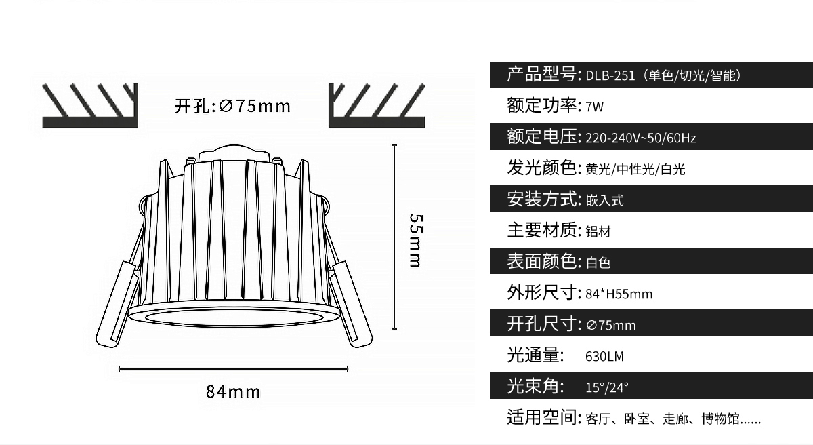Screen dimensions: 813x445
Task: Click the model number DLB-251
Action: tap(610, 76)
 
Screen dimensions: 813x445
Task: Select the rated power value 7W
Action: tap(595, 107)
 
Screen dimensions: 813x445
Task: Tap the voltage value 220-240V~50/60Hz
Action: tap(641, 138)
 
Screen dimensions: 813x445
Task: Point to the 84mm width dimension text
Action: tap(233, 391)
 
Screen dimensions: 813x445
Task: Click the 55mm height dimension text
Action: tap(416, 241)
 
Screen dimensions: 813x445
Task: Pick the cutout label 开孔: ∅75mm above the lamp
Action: tap(232, 106)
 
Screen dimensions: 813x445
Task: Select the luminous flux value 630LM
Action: tap(604, 356)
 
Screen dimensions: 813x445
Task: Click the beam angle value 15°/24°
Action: tap(607, 387)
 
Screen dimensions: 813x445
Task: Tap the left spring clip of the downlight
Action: tap(117, 303)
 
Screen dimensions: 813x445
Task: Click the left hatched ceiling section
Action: tap(90, 105)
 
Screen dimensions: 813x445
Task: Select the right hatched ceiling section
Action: tap(377, 105)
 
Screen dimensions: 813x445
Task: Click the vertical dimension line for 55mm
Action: tap(394, 237)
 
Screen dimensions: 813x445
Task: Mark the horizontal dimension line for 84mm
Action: tap(233, 369)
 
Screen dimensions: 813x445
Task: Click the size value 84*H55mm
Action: tap(619, 294)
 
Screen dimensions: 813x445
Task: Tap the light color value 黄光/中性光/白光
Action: tap(635, 170)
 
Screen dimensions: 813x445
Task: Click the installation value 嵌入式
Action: tap(604, 201)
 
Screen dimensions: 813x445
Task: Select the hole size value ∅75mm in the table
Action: tap(611, 325)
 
